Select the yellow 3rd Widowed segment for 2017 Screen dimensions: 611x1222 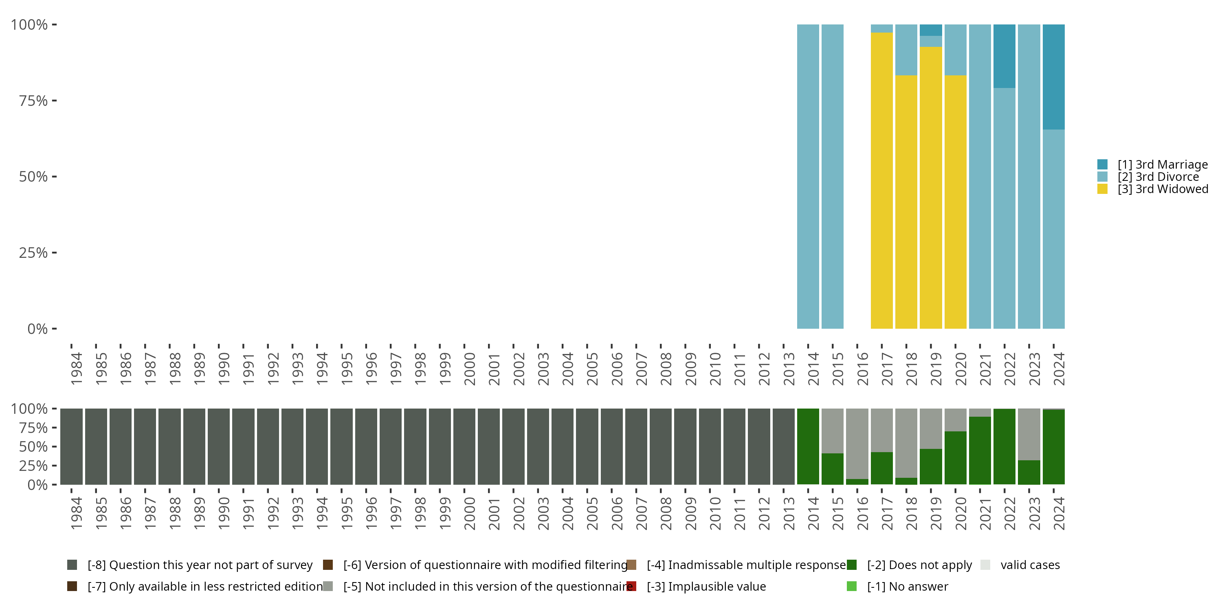click(x=881, y=180)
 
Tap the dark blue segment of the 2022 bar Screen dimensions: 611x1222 click(x=1004, y=56)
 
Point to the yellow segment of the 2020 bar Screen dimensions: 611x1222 click(x=955, y=202)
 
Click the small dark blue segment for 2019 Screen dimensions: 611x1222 click(x=931, y=30)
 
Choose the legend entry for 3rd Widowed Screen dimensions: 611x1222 click(x=1162, y=189)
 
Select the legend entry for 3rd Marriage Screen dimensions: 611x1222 click(x=1162, y=165)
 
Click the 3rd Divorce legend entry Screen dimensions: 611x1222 click(x=1158, y=177)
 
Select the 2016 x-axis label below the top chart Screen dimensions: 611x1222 click(x=862, y=369)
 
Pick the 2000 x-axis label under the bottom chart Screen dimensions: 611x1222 click(x=470, y=513)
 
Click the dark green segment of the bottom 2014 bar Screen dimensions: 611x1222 click(x=808, y=446)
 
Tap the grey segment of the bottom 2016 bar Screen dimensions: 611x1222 click(x=857, y=443)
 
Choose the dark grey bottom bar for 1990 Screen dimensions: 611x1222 click(x=219, y=446)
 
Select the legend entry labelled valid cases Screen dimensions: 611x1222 click(x=1029, y=565)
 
